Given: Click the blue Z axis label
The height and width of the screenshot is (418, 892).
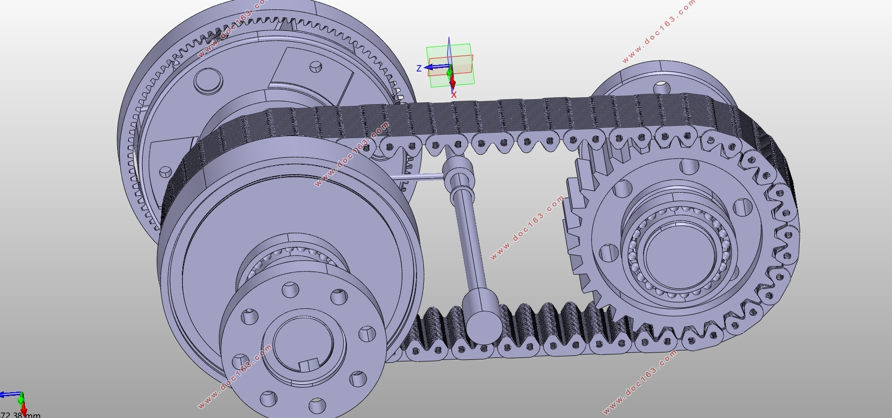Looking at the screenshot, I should click(419, 69).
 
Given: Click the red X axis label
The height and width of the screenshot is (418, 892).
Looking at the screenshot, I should click(454, 94).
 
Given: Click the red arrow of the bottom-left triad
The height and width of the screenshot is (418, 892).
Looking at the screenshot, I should click(23, 409).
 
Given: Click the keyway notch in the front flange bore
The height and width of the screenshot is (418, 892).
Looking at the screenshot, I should click(309, 365).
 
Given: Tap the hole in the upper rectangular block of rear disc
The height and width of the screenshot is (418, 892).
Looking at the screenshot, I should click(316, 66).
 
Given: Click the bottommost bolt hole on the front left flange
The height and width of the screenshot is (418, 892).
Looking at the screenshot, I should click(317, 406).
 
